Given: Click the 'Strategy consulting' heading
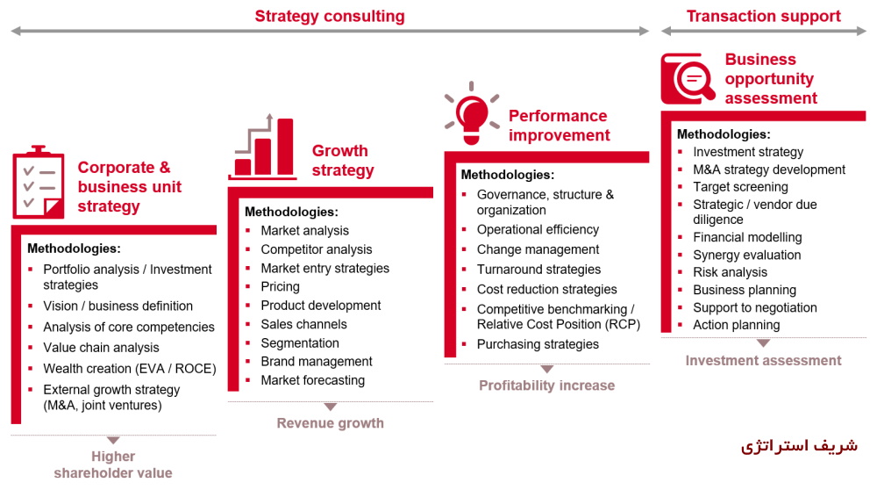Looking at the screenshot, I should [x=330, y=16].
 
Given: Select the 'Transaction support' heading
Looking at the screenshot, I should [x=763, y=16].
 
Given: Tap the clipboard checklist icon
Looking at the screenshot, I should [x=39, y=183].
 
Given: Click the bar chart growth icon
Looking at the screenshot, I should [x=261, y=147].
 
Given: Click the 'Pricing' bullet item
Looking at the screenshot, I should [x=281, y=286].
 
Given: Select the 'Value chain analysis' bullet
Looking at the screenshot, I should [x=101, y=348].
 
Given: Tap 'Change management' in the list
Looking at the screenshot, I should [x=538, y=249].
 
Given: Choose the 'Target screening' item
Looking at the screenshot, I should [x=740, y=186].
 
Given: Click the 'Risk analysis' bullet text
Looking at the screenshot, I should [x=730, y=272].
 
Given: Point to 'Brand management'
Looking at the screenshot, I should [x=317, y=361].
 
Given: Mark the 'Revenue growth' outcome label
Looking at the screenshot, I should [x=330, y=423].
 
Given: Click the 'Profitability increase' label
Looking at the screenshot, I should [x=546, y=386].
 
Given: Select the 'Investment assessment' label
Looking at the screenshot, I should [x=763, y=360].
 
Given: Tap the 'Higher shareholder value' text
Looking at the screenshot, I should [x=113, y=465].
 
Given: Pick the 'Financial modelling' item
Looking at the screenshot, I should [x=747, y=237].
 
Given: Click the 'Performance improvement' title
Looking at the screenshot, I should [x=559, y=126].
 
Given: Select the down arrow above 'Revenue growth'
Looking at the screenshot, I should [x=330, y=407].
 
